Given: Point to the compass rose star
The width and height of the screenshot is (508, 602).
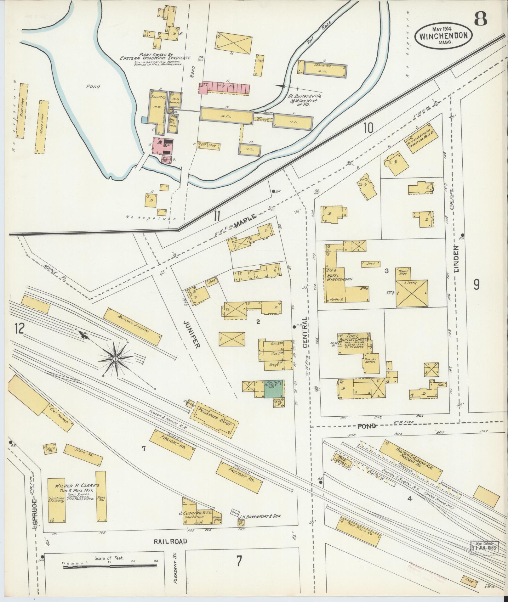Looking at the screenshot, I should (x=116, y=359).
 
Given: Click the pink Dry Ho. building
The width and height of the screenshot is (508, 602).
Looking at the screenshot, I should (x=224, y=87).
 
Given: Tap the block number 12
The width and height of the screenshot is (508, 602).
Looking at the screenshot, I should (x=19, y=329).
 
